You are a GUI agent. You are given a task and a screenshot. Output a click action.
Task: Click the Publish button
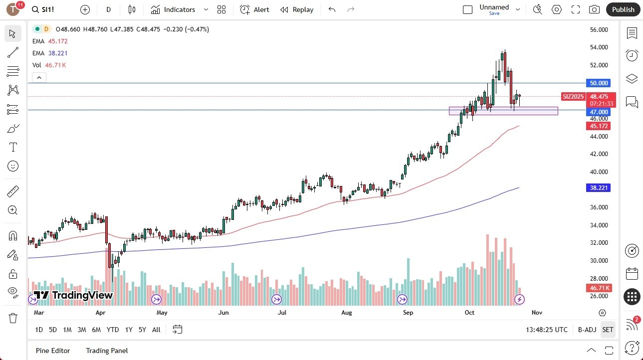(x=623, y=9)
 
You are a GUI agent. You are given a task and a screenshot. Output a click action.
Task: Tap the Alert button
(x=254, y=9)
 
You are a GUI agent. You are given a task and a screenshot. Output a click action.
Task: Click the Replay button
(x=297, y=9)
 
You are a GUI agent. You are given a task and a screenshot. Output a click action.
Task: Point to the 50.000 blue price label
(x=599, y=83)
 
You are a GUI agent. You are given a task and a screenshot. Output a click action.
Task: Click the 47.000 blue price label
(x=599, y=112)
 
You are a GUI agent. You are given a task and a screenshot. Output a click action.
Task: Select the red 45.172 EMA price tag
(x=599, y=126)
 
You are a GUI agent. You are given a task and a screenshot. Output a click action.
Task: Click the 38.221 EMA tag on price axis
(x=599, y=188)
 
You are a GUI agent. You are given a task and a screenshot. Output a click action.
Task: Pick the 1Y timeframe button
(x=129, y=330)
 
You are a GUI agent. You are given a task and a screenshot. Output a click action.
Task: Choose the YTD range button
(x=113, y=330)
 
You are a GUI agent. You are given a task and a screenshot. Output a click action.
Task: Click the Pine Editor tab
(x=52, y=351)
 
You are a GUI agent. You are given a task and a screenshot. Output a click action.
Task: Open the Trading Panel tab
(x=107, y=351)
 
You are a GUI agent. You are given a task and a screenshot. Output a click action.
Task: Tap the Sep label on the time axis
(x=408, y=313)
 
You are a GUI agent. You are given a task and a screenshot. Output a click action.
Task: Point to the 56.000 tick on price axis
(x=599, y=30)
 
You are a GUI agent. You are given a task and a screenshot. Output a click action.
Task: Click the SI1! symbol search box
(x=49, y=9)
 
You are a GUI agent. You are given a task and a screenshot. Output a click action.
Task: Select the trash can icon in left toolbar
(x=13, y=318)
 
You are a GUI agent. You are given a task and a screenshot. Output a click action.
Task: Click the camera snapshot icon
(x=594, y=9)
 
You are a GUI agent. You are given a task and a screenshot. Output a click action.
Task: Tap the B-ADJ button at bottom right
(x=587, y=330)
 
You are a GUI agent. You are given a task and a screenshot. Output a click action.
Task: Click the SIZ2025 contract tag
(x=573, y=96)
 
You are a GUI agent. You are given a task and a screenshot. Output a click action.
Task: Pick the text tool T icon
(x=13, y=147)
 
